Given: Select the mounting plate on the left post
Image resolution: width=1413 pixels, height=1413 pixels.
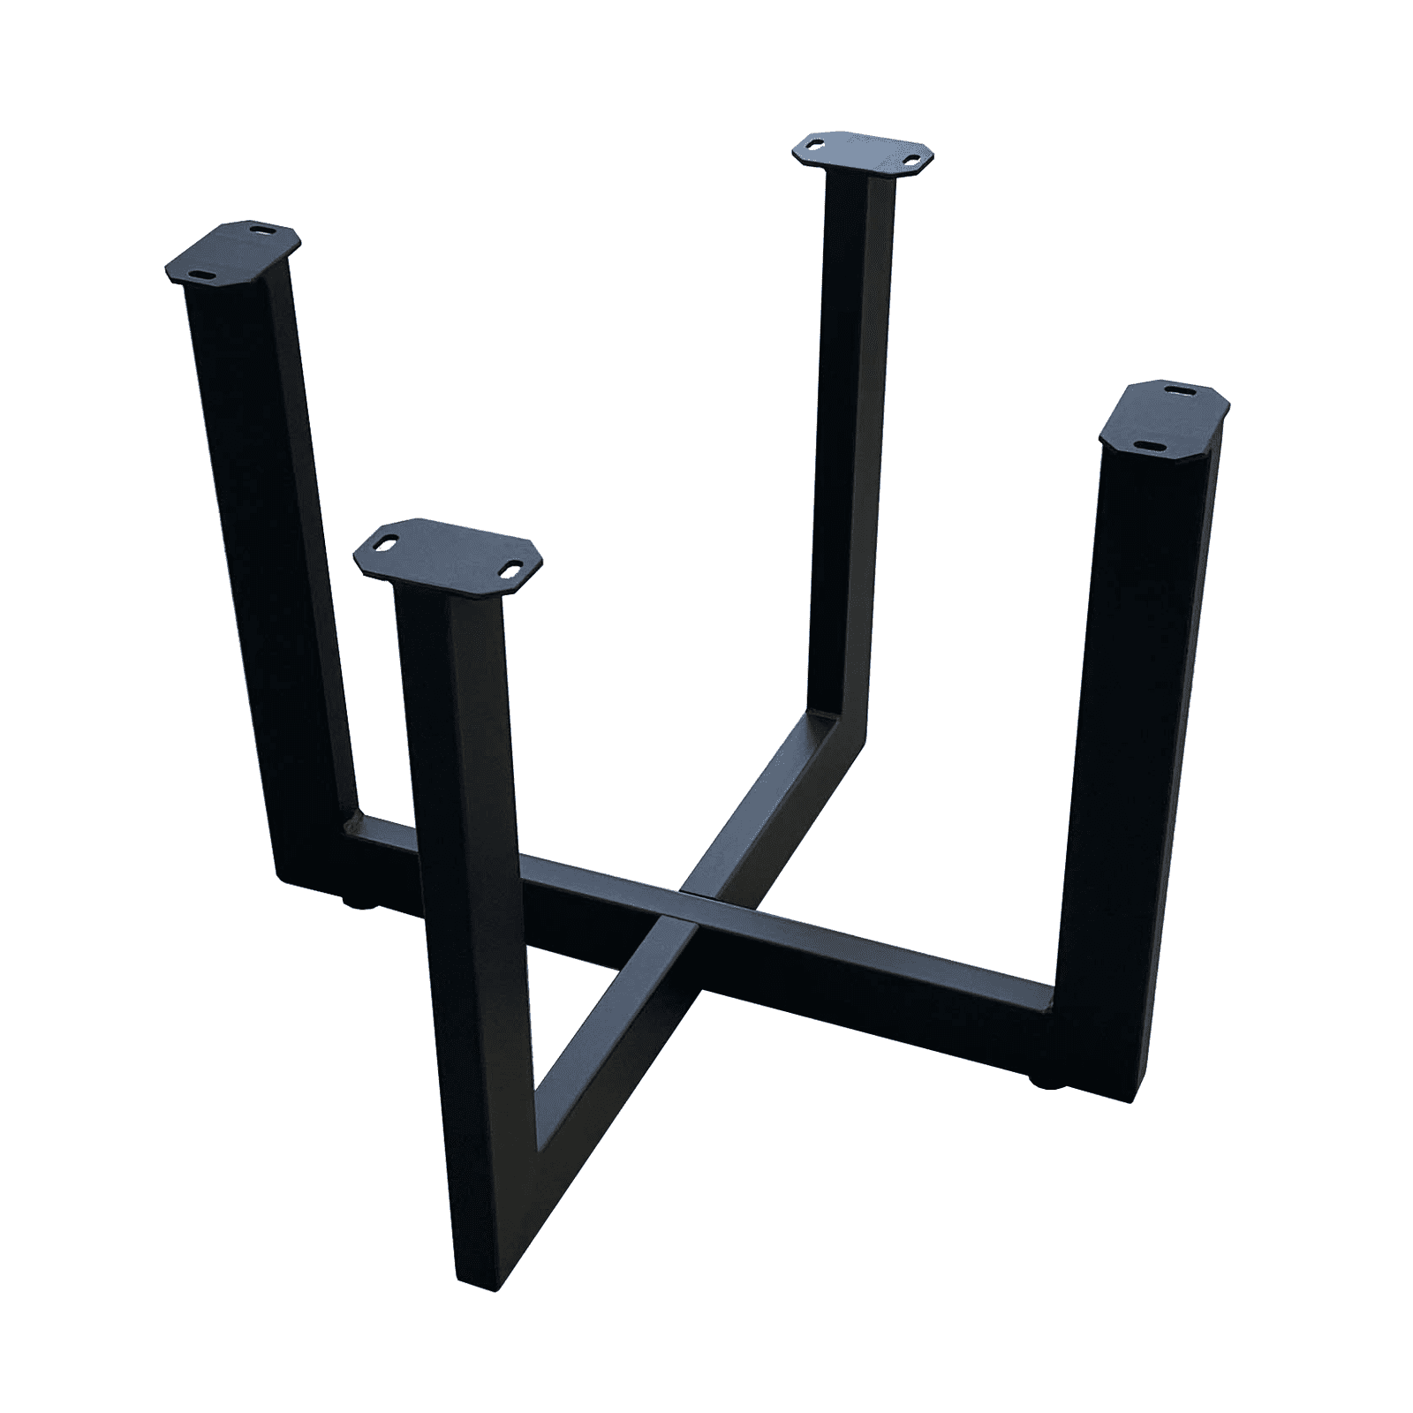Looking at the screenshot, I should [x=233, y=254].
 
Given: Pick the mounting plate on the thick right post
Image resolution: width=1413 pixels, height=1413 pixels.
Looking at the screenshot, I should [x=1165, y=417].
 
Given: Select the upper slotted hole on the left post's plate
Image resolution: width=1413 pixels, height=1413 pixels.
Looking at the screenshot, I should [x=262, y=228].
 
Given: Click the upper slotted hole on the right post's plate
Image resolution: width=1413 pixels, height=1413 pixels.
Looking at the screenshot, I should [x=1180, y=389].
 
